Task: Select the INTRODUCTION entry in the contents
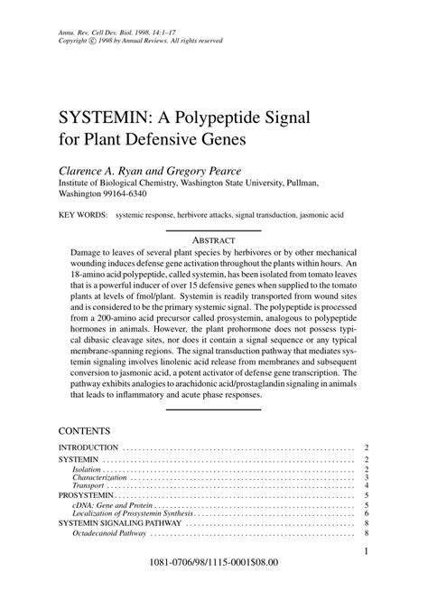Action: pyautogui.click(x=88, y=447)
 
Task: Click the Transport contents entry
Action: pyautogui.click(x=88, y=487)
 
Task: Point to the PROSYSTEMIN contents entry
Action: pyautogui.click(x=87, y=496)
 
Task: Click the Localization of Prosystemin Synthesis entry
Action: pyautogui.click(x=134, y=513)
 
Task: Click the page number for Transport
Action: pyautogui.click(x=367, y=487)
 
